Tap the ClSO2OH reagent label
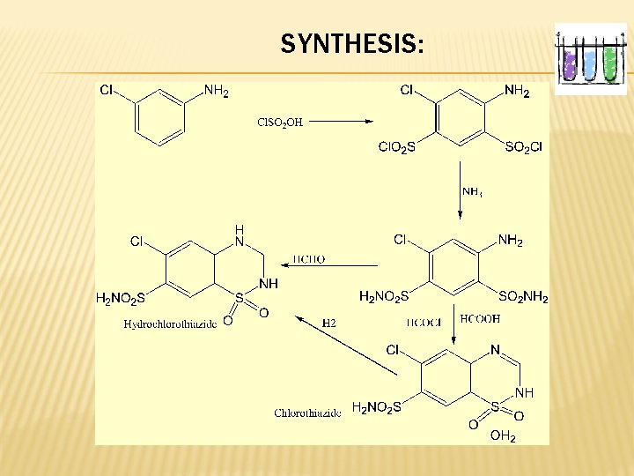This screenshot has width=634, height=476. click(x=279, y=122)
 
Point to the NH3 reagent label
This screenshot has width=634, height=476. click(x=472, y=191)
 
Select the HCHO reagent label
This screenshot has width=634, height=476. click(x=308, y=259)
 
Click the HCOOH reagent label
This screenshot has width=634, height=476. click(x=480, y=318)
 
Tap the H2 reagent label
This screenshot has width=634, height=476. click(x=328, y=324)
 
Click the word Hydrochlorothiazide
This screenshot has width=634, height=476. click(x=171, y=324)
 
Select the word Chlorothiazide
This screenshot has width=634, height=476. click(x=307, y=413)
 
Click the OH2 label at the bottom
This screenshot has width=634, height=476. click(x=503, y=435)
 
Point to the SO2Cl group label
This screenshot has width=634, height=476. click(x=523, y=147)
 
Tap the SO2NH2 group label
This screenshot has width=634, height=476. click(x=523, y=298)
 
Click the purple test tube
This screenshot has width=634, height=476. click(x=570, y=63)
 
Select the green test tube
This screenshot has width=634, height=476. click(x=609, y=62)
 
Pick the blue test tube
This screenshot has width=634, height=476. click(x=589, y=63)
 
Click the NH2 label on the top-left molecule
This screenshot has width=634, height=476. click(x=216, y=91)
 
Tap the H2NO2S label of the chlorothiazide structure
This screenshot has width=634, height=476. click(x=376, y=407)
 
